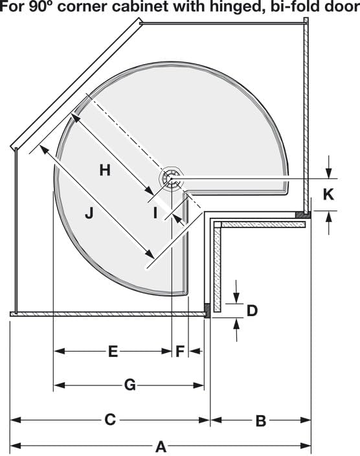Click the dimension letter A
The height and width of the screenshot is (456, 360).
point(161,446)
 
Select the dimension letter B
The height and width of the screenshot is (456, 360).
point(260,421)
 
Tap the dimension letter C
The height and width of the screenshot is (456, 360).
point(110,420)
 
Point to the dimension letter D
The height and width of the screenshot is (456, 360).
point(252,310)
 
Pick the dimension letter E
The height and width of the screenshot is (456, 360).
point(113,352)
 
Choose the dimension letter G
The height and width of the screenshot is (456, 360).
point(129,385)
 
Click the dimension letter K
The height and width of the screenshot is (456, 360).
point(329,194)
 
